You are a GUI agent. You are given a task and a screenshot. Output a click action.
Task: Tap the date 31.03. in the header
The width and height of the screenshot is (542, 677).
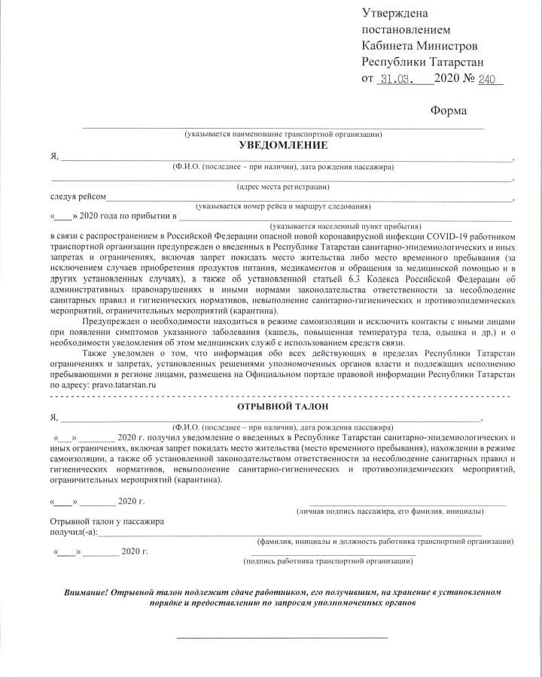(394, 78)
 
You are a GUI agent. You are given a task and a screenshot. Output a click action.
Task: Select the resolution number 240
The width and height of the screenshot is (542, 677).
(489, 78)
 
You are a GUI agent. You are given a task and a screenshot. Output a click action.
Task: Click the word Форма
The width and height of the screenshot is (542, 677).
(448, 111)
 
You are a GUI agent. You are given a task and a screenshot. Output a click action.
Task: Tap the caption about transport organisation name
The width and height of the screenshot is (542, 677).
(283, 134)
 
